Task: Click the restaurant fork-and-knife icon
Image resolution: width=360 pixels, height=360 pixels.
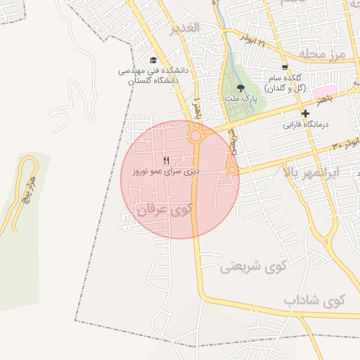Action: point(167,161)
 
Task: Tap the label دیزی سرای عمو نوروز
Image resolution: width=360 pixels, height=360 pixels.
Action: point(166,171)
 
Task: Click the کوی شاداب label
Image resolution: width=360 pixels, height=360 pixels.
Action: point(316,300)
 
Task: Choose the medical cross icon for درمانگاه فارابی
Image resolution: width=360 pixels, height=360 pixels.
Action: point(305,114)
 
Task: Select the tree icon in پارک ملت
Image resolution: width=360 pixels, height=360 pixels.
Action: point(241,88)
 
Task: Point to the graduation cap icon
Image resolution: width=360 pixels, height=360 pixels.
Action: point(154,60)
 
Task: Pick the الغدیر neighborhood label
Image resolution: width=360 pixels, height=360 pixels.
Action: point(185,29)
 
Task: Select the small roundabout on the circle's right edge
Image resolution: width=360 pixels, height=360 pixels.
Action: point(231,169)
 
